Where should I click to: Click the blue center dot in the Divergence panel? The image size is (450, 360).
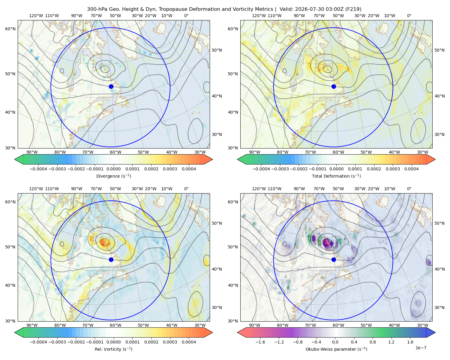[111, 87]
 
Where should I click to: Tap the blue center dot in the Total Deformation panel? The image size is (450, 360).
[334, 87]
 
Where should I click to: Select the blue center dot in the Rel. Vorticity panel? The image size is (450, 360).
[111, 259]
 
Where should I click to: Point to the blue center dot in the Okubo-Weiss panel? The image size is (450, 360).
[334, 259]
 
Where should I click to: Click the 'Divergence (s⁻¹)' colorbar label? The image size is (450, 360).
[113, 176]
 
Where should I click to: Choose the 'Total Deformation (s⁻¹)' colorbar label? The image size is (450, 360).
[336, 176]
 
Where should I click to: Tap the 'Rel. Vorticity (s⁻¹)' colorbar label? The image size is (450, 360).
[113, 349]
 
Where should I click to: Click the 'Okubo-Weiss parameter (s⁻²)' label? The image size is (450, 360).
[336, 349]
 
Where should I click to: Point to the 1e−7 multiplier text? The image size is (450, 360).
[421, 348]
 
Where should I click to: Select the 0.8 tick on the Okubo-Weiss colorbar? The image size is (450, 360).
[373, 342]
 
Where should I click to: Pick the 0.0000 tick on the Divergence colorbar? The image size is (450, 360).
[113, 169]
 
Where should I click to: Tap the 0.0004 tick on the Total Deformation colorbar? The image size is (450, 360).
[411, 169]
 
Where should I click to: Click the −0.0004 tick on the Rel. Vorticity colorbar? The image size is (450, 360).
[38, 342]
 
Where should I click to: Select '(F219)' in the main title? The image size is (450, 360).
[353, 9]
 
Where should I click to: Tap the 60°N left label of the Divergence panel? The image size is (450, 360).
[10, 29]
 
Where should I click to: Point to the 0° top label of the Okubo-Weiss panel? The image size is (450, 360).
[409, 189]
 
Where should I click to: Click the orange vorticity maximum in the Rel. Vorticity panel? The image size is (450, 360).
[105, 242]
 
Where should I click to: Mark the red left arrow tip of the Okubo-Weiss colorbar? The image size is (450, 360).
[238, 332]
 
